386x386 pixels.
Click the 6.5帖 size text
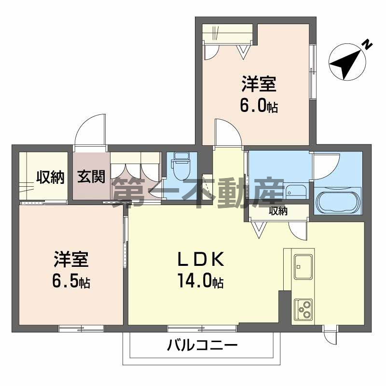pos(71,281)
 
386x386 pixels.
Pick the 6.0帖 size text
pos(259,106)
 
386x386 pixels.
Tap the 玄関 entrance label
pos(91,177)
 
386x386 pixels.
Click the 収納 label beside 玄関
pos(50,178)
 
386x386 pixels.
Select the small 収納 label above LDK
pos(278,211)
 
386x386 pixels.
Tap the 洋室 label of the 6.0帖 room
pos(259,84)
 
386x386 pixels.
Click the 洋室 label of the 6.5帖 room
pos(71,260)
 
